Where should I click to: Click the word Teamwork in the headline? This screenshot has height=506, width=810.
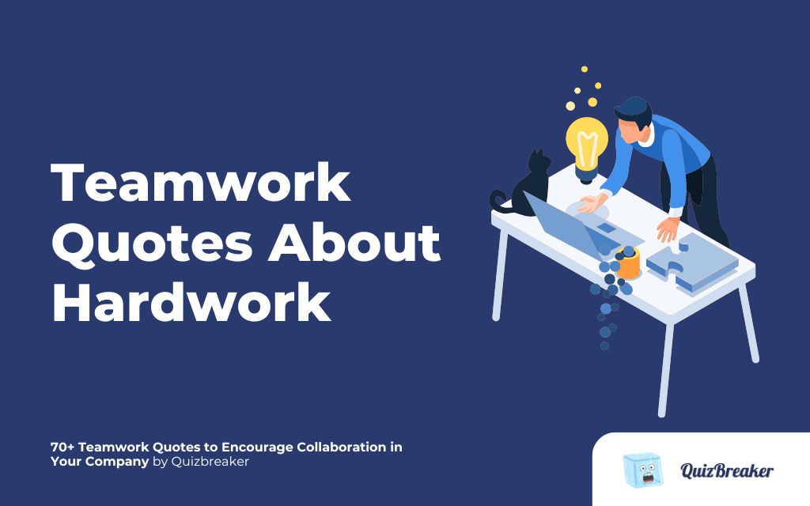click(201, 184)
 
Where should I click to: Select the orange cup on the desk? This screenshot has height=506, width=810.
click(628, 263)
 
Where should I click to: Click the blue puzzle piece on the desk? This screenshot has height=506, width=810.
click(680, 262)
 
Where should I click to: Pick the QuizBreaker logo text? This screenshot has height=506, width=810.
click(727, 471)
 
